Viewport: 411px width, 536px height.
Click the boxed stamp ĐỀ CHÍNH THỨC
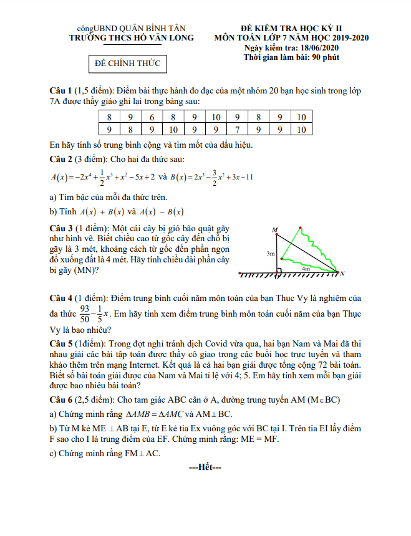coord(127,64)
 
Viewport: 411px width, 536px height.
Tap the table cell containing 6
coord(152,117)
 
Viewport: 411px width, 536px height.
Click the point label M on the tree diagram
coord(274,230)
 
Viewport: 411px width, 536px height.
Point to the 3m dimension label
coord(270,254)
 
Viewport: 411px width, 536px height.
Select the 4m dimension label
coord(307,269)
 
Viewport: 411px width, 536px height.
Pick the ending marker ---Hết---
coord(205,467)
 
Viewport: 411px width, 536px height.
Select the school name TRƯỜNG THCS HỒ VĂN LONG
coord(132,38)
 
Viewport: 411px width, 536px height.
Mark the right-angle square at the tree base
coord(279,271)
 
